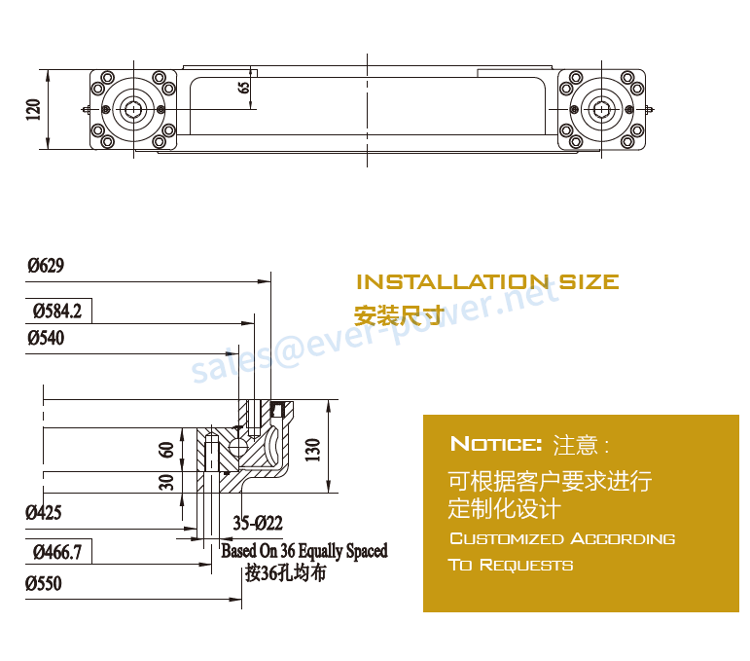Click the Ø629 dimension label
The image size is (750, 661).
(46, 265)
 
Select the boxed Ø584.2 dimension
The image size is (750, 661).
(56, 312)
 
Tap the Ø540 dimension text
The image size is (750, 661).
(46, 338)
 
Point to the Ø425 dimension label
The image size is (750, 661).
(45, 511)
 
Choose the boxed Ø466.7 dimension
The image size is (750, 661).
(56, 554)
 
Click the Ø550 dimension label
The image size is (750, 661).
(45, 583)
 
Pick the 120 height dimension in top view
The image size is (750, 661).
(33, 109)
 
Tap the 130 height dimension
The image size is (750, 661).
(313, 450)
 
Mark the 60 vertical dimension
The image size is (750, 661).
(166, 450)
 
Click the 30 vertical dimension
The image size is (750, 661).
(166, 482)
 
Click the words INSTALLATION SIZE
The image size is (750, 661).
(487, 282)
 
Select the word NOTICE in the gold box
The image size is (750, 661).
(495, 445)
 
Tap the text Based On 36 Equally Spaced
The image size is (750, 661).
(304, 551)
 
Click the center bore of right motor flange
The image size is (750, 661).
(603, 109)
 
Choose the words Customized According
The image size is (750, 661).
(561, 538)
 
